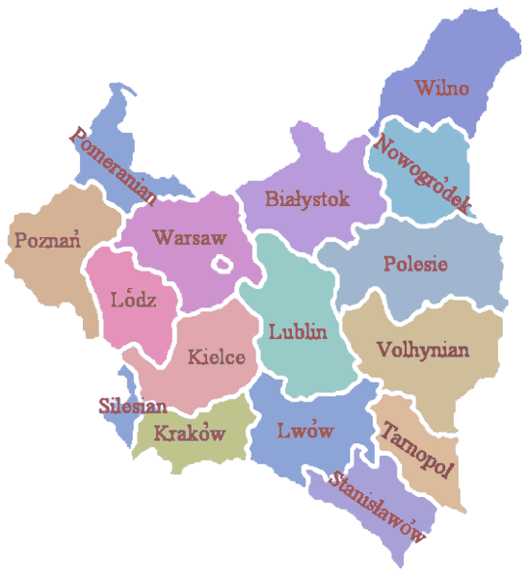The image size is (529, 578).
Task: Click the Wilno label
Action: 441,89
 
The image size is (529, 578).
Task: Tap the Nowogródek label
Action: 421,173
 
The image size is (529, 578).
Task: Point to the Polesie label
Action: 415,263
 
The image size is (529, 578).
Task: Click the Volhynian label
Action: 423,348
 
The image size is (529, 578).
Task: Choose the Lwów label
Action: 304,431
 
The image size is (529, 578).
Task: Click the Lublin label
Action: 298,332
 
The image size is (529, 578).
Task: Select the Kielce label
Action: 217,356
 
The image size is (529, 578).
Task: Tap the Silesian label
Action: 133,406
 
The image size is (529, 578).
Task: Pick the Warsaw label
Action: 190,236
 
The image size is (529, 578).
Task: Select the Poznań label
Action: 46,239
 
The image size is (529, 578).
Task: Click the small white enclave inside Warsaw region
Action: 223,263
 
